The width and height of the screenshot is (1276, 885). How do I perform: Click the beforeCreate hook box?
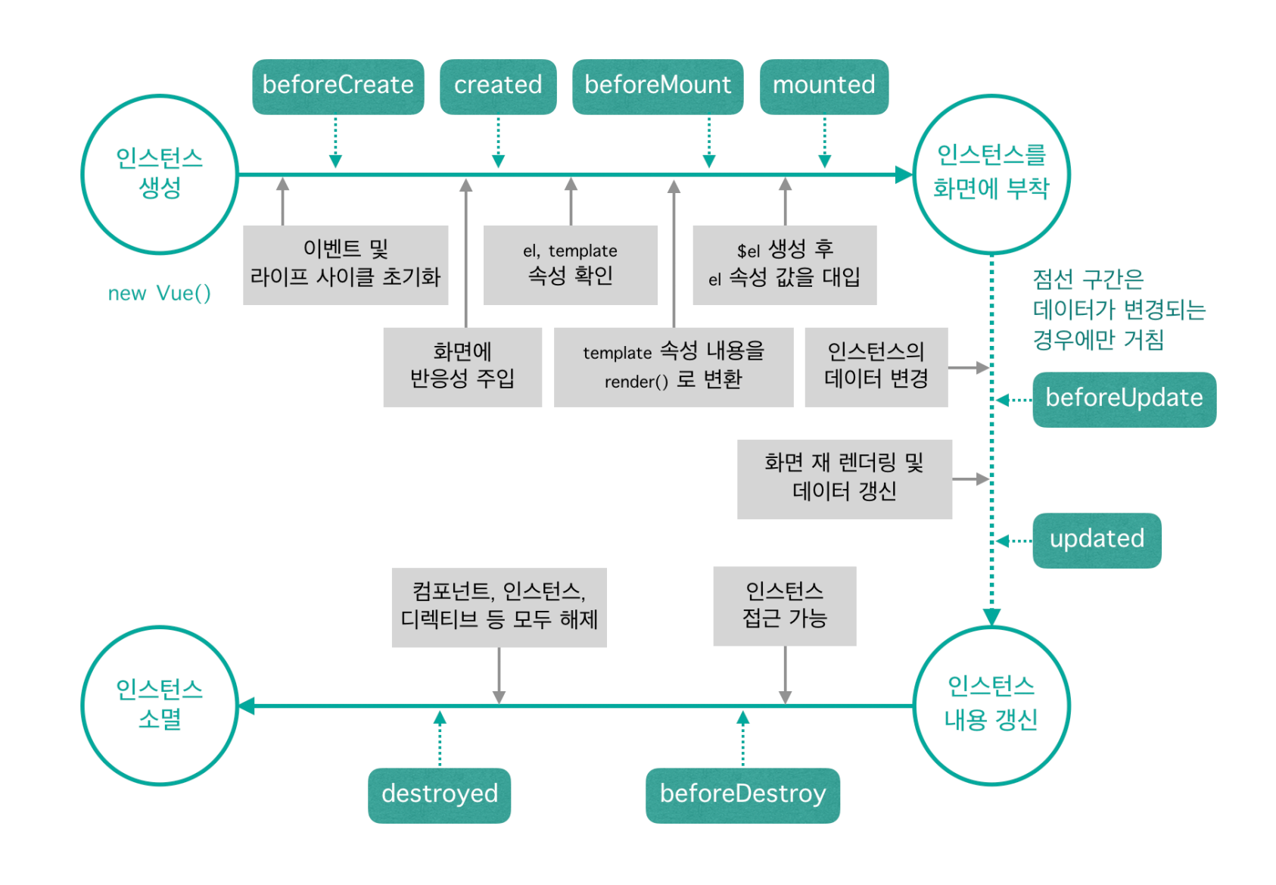point(338,86)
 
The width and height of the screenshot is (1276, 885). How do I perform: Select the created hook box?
point(498,86)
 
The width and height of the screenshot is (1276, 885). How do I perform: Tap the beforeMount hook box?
point(658,86)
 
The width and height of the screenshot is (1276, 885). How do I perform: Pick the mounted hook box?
point(823,86)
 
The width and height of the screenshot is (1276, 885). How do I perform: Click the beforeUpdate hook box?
point(1124,399)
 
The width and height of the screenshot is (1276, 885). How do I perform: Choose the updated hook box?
point(1096,540)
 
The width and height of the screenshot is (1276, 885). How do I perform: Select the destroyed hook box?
point(439,795)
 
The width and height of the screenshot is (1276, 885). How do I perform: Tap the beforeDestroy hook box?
point(742,795)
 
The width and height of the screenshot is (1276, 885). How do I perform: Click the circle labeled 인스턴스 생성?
point(160,174)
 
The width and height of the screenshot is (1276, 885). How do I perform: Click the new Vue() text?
point(159,294)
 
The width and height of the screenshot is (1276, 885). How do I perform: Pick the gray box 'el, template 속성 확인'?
point(570,264)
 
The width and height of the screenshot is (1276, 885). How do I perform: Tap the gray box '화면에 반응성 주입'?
point(462,366)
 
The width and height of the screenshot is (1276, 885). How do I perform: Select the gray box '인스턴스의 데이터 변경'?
point(876,366)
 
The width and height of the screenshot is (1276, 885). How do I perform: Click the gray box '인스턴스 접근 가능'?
point(784,606)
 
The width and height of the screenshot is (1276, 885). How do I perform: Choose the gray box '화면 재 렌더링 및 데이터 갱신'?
point(844,478)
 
